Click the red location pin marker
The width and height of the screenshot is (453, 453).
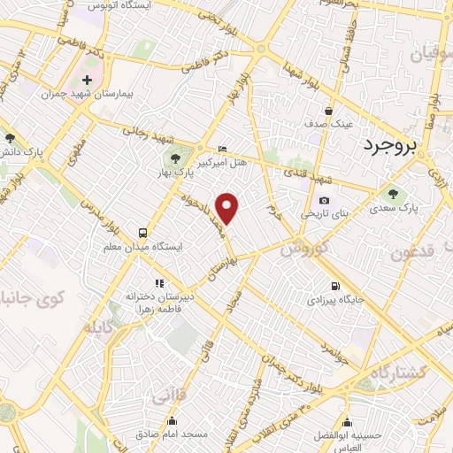click(x=228, y=208)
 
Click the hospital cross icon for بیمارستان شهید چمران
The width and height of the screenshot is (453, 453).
click(x=87, y=81)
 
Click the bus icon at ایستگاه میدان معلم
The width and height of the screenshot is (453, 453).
click(x=142, y=234)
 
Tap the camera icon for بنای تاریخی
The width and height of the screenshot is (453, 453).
click(x=324, y=201)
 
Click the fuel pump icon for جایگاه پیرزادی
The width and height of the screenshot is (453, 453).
click(x=334, y=286)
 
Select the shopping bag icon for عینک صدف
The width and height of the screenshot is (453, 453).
click(x=328, y=112)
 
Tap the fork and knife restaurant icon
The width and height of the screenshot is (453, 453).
click(x=158, y=283)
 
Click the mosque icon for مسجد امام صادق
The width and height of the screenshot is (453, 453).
click(x=172, y=422)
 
